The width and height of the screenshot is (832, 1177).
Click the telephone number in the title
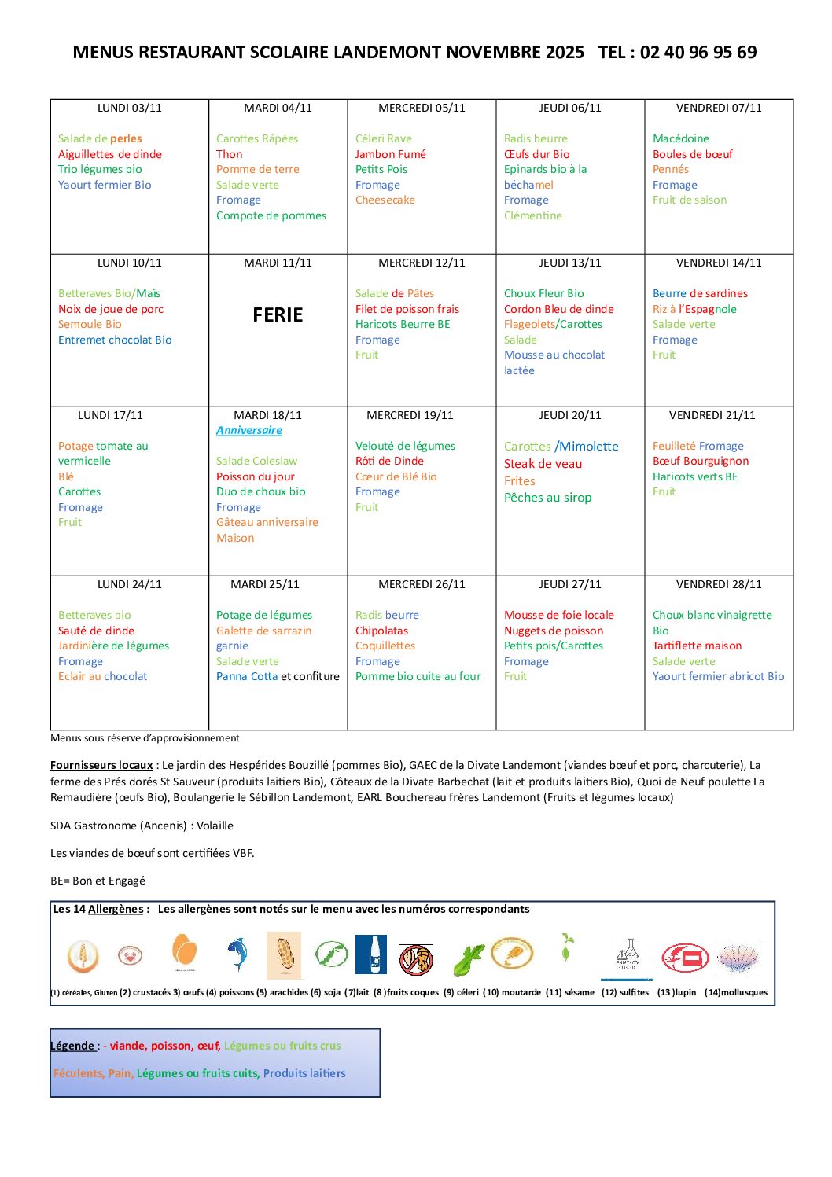tap(698, 53)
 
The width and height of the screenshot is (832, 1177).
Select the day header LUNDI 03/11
tap(130, 108)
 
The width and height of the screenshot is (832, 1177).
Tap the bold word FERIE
tap(278, 315)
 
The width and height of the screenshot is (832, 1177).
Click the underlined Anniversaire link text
tap(249, 430)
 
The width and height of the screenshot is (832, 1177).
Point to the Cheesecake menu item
tap(385, 200)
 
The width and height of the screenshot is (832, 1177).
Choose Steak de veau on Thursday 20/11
tap(543, 464)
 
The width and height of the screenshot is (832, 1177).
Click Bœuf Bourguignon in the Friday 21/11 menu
tap(700, 461)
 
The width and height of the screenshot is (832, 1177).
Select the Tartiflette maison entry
tap(697, 646)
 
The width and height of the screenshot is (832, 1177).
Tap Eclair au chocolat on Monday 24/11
tap(102, 676)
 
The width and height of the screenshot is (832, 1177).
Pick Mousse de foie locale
tap(558, 615)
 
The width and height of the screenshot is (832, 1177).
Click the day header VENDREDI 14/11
tap(719, 263)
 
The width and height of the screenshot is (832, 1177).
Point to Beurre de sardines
tap(700, 293)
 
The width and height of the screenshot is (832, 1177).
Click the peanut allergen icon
tap(284, 954)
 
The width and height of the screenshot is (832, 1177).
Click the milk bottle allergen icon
tap(371, 954)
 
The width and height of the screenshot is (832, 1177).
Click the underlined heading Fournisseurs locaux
tap(101, 765)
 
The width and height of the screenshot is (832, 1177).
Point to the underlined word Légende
tap(73, 1046)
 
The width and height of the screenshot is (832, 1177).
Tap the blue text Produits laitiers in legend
tap(304, 1073)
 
